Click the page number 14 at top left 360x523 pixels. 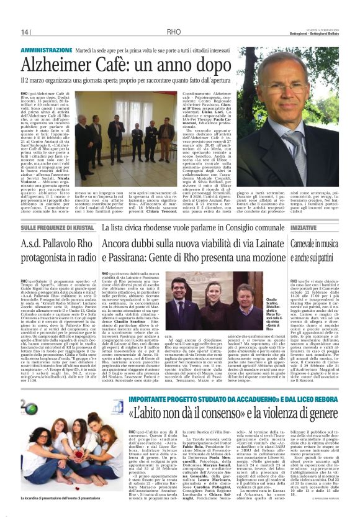(x=25, y=32)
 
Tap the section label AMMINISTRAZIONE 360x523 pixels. (x=47, y=49)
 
